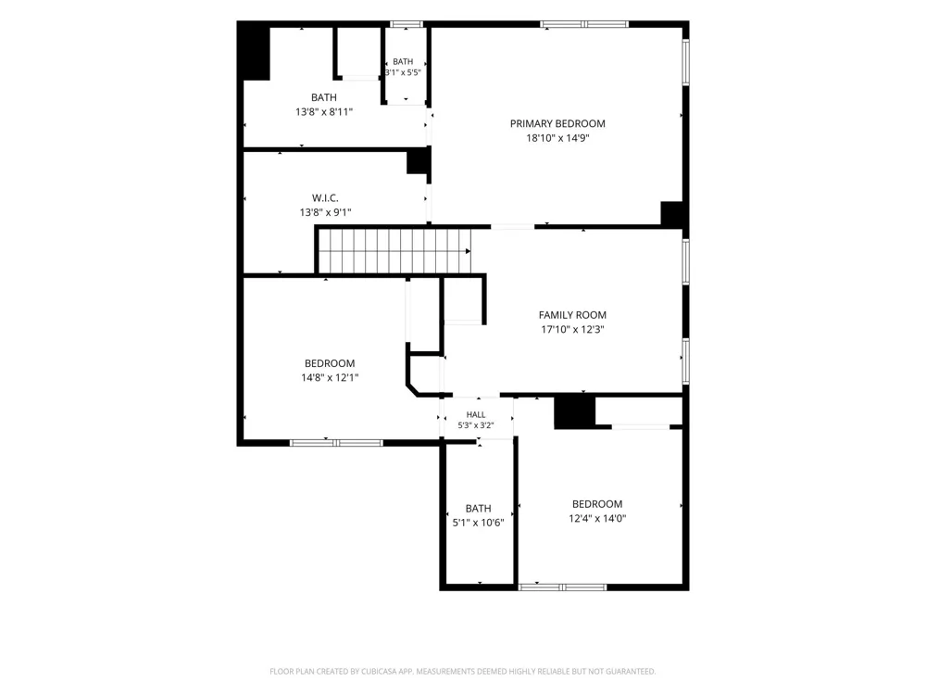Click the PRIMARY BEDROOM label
tap(557, 123)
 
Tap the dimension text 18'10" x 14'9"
tap(557, 138)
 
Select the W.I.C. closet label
tap(325, 198)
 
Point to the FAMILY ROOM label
tap(572, 315)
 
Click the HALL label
tap(476, 415)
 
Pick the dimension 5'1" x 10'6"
tap(479, 523)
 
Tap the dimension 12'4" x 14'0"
tap(597, 518)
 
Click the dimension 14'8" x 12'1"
tap(331, 378)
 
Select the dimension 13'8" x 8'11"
tap(324, 112)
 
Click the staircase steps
tap(394, 251)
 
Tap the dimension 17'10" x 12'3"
tap(572, 330)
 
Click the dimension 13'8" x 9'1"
tap(325, 212)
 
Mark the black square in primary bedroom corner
tap(671, 213)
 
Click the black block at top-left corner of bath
tap(254, 53)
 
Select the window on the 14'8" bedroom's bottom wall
tap(336, 443)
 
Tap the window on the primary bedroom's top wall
tap(584, 24)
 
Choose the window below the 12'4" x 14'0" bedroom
tap(562, 587)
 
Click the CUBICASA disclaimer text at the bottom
tap(462, 671)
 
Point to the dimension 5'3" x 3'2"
tap(476, 425)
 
